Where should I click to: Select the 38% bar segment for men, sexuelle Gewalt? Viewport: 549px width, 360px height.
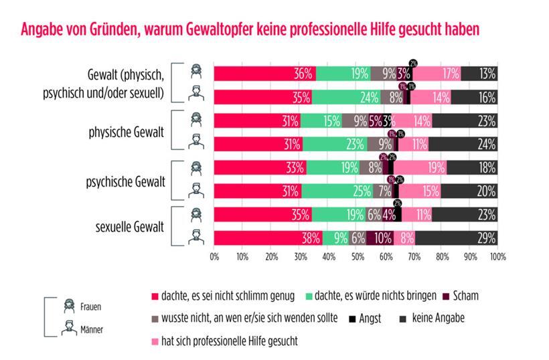click(268, 238)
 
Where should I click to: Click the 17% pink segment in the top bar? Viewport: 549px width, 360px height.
click(436, 74)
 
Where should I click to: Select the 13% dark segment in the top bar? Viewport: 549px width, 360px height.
click(479, 74)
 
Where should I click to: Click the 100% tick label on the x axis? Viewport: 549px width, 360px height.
click(497, 256)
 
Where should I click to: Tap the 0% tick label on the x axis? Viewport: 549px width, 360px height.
click(214, 256)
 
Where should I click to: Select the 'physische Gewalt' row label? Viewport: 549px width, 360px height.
click(127, 132)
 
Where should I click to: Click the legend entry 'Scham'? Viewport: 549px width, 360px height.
click(464, 295)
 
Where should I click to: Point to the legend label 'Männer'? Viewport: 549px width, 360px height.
click(92, 329)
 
